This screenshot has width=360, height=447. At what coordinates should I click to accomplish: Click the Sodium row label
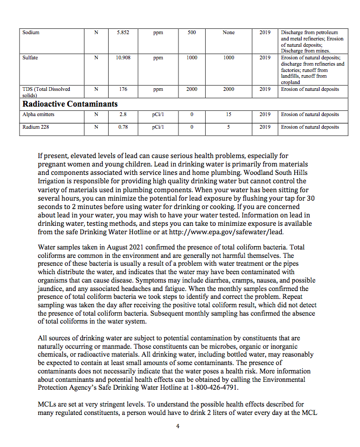click(31, 33)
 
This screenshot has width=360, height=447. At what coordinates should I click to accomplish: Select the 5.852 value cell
click(123, 33)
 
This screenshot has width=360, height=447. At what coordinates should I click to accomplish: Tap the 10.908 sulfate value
click(123, 58)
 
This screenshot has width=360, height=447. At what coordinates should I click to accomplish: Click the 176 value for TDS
click(123, 89)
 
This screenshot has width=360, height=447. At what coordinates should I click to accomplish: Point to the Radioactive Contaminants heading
click(70, 104)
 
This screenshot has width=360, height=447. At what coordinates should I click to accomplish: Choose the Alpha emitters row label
click(38, 115)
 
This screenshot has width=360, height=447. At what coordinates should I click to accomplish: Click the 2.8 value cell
click(123, 115)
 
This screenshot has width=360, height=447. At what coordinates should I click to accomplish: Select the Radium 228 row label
click(36, 127)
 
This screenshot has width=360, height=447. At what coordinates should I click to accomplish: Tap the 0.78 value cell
click(123, 127)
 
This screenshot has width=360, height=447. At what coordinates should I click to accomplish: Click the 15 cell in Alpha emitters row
click(229, 115)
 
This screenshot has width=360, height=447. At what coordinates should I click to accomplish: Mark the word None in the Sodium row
click(229, 33)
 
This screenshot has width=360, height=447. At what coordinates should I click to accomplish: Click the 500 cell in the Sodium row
click(192, 33)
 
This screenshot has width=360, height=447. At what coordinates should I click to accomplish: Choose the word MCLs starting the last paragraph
click(47, 404)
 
